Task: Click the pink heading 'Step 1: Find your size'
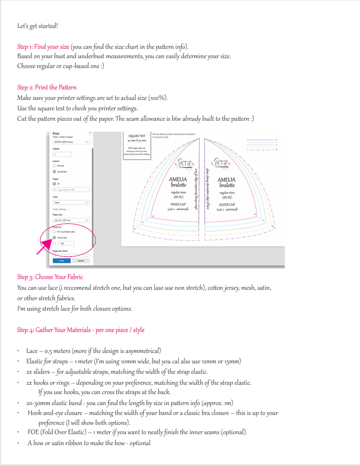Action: click(x=43, y=47)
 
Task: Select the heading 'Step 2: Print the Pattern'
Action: click(x=47, y=88)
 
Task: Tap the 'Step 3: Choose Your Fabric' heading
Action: click(x=50, y=277)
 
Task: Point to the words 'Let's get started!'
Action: click(x=38, y=26)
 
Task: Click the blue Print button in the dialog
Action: click(x=61, y=261)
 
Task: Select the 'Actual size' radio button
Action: click(x=54, y=238)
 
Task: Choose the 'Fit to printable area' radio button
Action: click(x=54, y=232)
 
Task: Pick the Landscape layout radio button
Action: click(x=54, y=171)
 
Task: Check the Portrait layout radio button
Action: click(x=54, y=165)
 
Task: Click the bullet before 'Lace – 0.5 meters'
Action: click(x=19, y=351)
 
